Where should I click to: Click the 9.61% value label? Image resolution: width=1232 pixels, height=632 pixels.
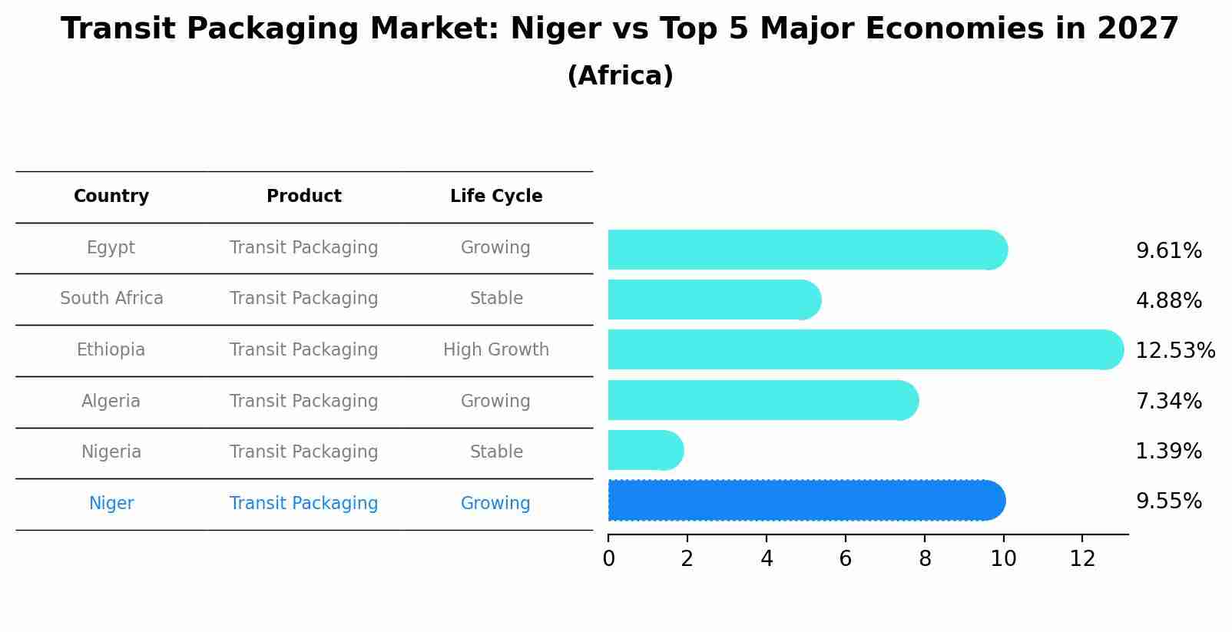tap(1168, 251)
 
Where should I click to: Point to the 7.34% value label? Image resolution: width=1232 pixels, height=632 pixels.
tap(1168, 402)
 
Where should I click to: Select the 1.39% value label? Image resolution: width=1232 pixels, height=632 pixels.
tap(1168, 452)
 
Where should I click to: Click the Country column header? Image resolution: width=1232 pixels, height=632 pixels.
tap(111, 197)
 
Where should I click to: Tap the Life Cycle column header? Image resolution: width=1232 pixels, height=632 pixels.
tap(496, 197)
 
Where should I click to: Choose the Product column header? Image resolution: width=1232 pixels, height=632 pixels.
tap(303, 197)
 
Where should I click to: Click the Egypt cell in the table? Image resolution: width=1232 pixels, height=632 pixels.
tap(111, 248)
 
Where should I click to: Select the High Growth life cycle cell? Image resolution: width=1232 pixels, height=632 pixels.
tap(496, 350)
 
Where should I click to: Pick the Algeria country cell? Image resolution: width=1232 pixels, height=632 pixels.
tap(111, 402)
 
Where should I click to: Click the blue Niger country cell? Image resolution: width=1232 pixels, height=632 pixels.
tap(111, 504)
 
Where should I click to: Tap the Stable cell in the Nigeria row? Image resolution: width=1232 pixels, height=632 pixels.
tap(496, 452)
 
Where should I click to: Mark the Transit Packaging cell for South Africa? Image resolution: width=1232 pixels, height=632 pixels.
tap(303, 299)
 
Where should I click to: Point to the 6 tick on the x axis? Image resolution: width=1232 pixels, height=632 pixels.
tap(845, 559)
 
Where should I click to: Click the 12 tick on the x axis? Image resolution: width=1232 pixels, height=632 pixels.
tap(1082, 559)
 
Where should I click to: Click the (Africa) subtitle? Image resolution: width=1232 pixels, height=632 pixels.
tap(620, 76)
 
